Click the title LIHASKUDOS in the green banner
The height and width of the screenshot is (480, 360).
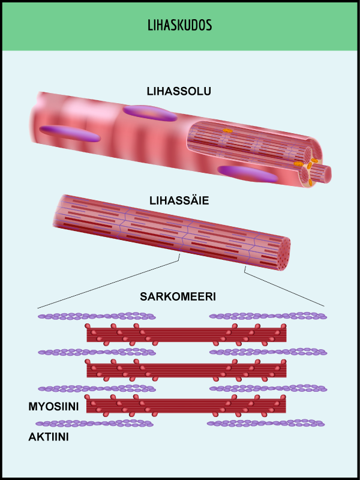(x=179, y=26)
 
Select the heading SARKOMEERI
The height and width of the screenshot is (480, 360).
(x=178, y=297)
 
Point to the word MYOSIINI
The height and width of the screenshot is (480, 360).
(x=54, y=406)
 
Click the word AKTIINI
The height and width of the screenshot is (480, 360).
(x=49, y=437)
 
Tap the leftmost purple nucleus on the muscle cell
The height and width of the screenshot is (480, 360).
(x=70, y=133)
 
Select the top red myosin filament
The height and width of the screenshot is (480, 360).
(x=186, y=334)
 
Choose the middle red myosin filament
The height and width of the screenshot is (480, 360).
(x=186, y=370)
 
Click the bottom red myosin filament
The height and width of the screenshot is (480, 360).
(x=186, y=405)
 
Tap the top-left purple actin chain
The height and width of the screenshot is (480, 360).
(x=96, y=316)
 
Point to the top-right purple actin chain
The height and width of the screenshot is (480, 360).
(x=267, y=316)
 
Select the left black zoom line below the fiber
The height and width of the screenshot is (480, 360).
(x=108, y=284)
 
